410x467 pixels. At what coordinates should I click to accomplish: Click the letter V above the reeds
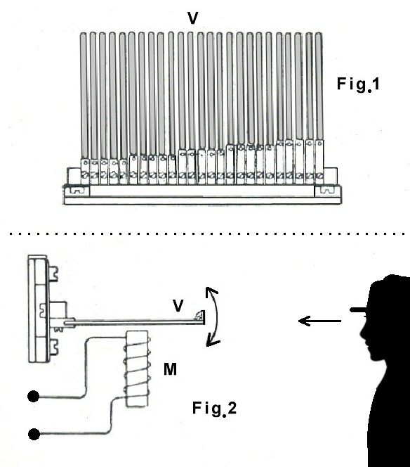[192, 18]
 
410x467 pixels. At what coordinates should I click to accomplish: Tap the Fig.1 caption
[358, 84]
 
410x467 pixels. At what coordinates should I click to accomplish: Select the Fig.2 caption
[214, 409]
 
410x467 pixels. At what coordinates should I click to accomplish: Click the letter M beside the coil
[170, 369]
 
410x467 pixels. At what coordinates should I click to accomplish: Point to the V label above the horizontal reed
[178, 305]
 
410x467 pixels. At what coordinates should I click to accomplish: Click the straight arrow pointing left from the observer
[319, 321]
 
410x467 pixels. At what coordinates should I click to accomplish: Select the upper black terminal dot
[33, 397]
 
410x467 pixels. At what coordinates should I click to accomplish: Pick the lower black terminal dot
[34, 434]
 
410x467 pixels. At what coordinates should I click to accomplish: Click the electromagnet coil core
[137, 369]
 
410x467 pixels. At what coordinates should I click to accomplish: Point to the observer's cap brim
[359, 310]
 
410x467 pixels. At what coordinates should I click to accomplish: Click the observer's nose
[363, 331]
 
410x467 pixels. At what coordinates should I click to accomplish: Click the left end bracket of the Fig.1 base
[77, 191]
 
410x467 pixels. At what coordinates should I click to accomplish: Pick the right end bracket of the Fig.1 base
[328, 191]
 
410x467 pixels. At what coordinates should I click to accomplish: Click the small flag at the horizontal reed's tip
[200, 315]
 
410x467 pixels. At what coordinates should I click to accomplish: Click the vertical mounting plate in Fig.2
[39, 309]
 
